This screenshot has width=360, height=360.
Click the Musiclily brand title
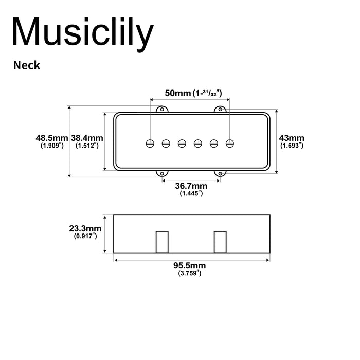tap(82, 33)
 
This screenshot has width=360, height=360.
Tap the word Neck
tap(27, 65)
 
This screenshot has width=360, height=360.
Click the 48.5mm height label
tap(52, 138)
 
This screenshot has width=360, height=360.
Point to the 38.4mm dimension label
tap(87, 138)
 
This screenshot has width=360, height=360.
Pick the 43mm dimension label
tap(291, 138)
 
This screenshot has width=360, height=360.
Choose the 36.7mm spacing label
tap(191, 186)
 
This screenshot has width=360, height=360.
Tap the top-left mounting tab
tap(162, 109)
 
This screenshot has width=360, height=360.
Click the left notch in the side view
tap(163, 242)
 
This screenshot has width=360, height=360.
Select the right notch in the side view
tap(221, 242)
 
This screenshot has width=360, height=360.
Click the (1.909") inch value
tap(52, 146)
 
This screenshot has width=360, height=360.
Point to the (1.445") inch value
tap(191, 194)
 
